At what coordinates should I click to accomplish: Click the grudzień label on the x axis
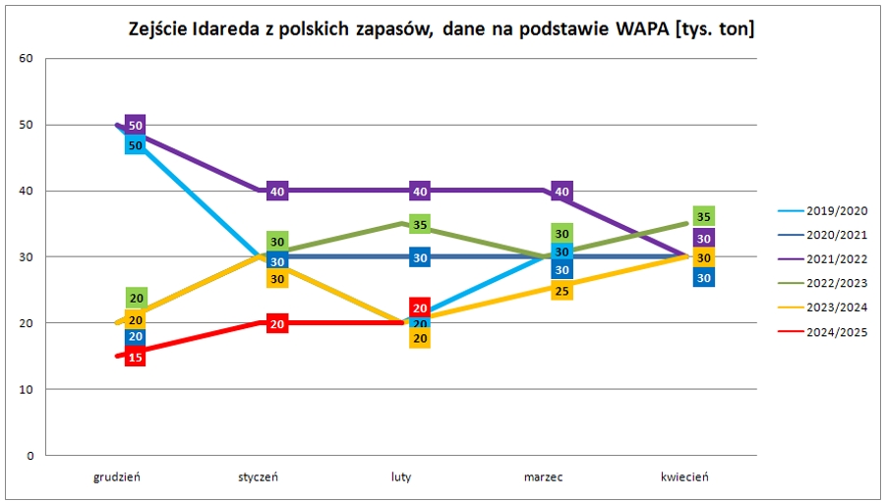point(117,477)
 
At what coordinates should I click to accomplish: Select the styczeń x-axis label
point(259,477)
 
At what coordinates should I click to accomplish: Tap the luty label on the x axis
point(400,477)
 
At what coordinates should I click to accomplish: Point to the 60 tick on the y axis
point(27,59)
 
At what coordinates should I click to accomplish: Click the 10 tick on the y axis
point(27,390)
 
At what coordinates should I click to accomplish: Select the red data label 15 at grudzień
point(136,358)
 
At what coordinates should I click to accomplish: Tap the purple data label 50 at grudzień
point(136,126)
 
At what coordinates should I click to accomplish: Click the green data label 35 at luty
point(420,225)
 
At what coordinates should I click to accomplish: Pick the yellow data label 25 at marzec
point(561,291)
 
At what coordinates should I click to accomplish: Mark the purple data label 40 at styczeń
point(278,192)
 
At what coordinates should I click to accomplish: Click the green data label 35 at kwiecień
point(703,217)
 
